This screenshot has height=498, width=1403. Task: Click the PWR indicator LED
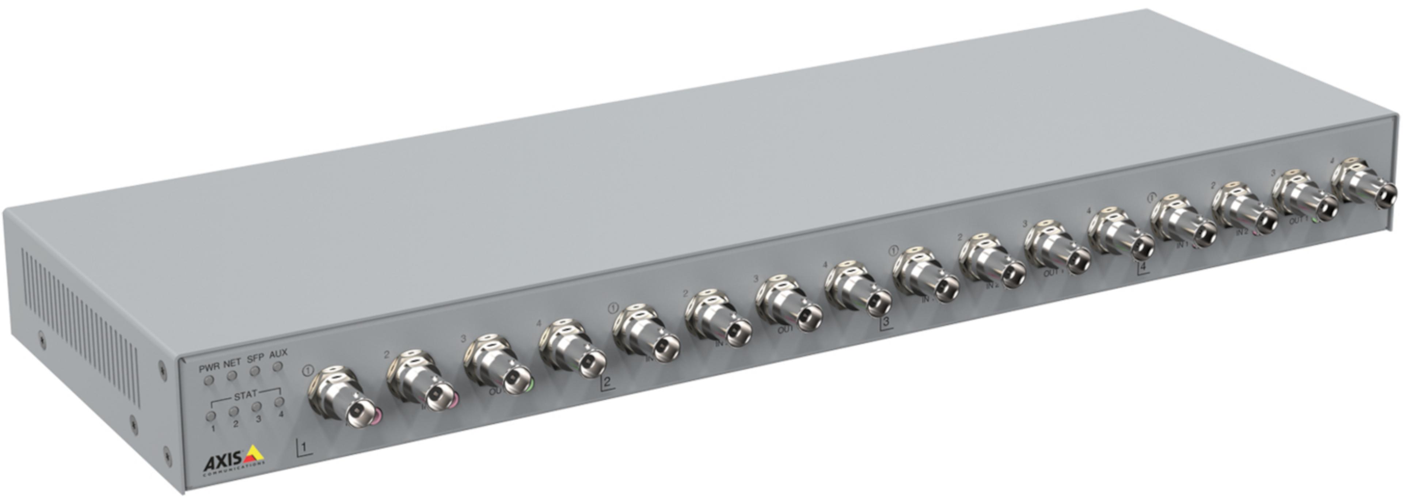208,379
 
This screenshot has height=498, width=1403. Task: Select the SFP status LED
254,371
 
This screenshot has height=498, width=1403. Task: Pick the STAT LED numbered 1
211,416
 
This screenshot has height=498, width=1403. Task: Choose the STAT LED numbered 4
280,402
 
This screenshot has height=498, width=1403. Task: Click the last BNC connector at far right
1367,191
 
